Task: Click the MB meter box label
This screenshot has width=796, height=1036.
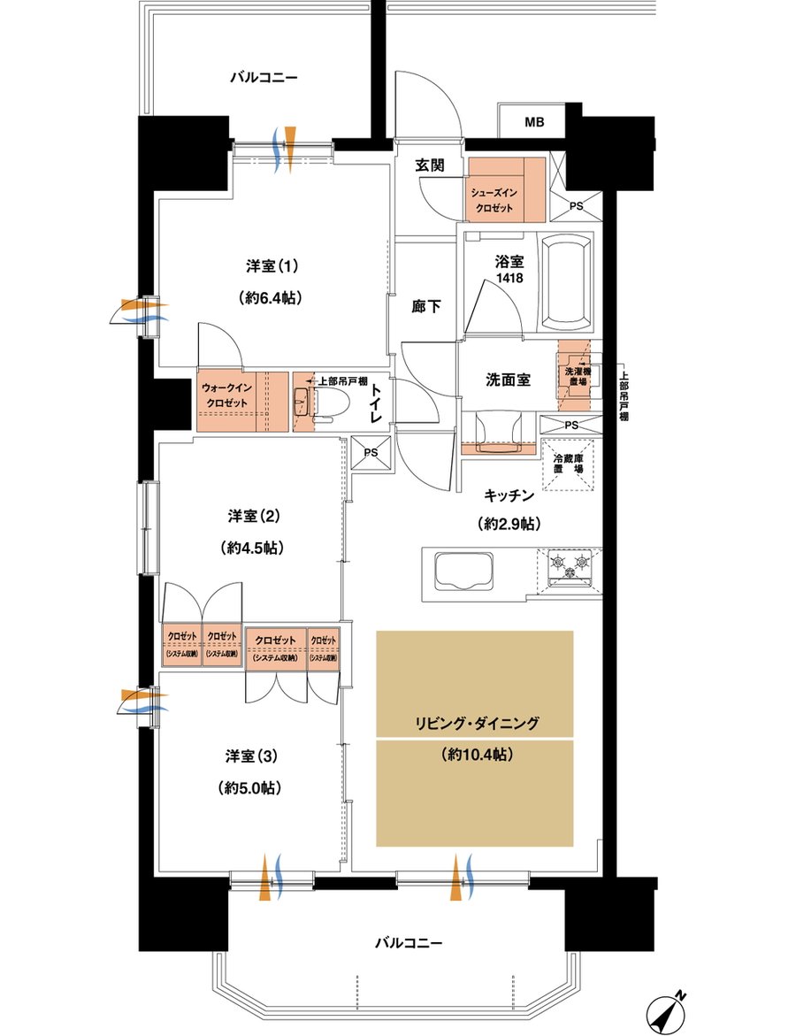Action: tap(534, 122)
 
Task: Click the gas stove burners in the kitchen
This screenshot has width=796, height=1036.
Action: tap(570, 567)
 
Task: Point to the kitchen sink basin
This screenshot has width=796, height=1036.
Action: tap(458, 570)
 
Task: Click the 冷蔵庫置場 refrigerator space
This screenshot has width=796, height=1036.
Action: tap(567, 465)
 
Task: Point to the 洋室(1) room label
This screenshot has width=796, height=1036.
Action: tap(272, 265)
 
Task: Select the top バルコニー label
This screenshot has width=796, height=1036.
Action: tap(264, 78)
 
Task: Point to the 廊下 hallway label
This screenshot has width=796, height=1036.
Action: tap(426, 306)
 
